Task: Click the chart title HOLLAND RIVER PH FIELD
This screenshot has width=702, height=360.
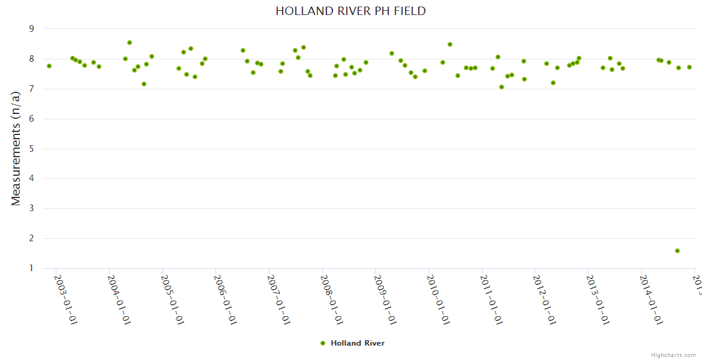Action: click(350, 11)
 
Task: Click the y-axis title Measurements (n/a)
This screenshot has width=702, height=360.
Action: click(16, 148)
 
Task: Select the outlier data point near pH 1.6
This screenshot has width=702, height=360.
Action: click(677, 251)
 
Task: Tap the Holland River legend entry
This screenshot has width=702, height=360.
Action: click(352, 343)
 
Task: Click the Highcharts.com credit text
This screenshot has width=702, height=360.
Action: click(673, 355)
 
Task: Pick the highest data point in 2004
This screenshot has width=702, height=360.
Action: click(129, 43)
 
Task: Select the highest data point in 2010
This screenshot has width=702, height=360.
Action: click(449, 44)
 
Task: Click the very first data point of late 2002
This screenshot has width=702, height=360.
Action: click(49, 66)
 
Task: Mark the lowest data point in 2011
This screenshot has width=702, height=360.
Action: click(501, 87)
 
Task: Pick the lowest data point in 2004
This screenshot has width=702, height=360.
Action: click(144, 84)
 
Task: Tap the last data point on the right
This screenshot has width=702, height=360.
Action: click(689, 67)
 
